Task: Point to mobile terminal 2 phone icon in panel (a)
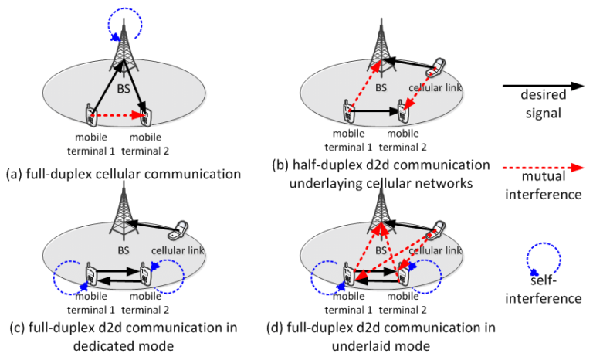148,117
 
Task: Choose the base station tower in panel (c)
120,216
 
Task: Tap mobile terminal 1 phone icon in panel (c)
90,273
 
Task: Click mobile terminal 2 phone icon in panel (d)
402,274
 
